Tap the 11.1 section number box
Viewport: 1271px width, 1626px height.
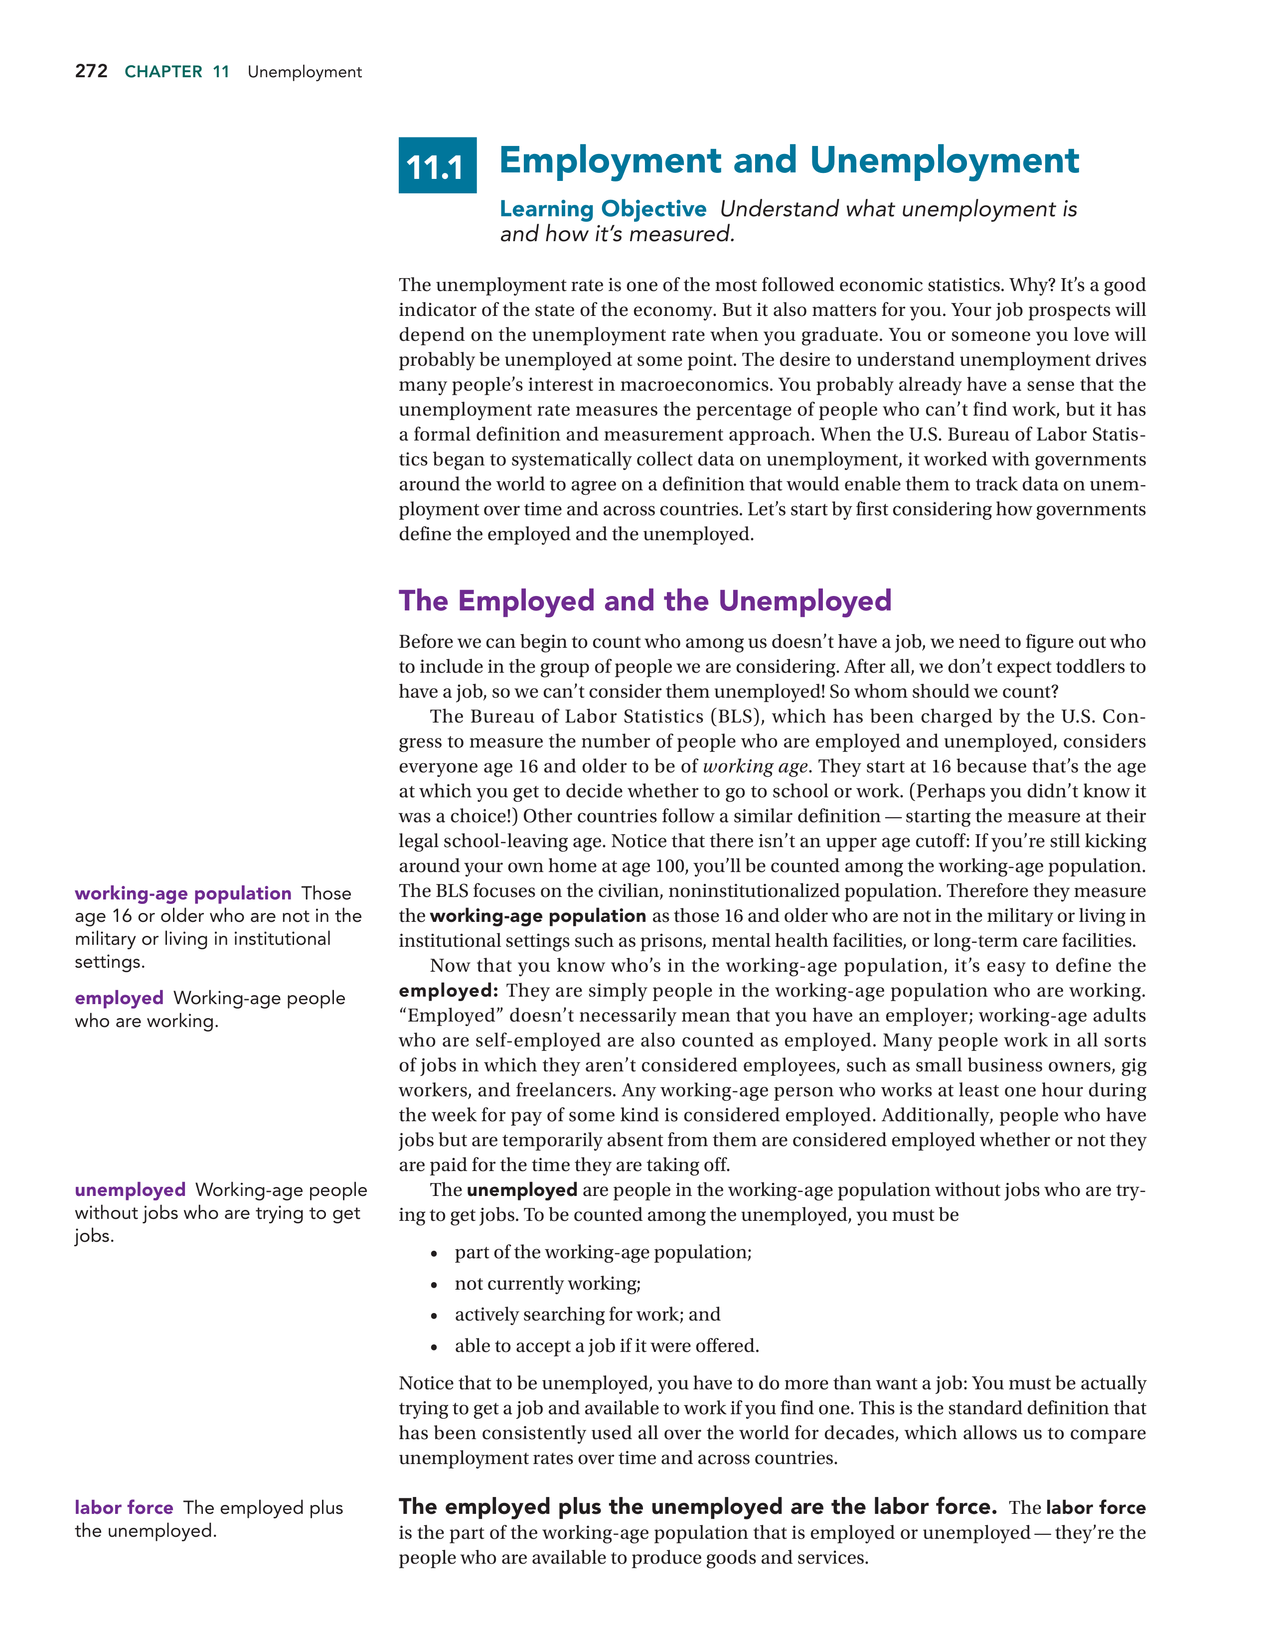tap(437, 166)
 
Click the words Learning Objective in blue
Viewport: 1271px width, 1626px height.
tap(603, 209)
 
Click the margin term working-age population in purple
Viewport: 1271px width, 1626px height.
tap(182, 893)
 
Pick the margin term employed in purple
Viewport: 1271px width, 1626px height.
tap(119, 999)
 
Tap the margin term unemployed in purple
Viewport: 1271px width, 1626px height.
tap(130, 1190)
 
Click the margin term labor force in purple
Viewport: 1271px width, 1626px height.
tap(124, 1507)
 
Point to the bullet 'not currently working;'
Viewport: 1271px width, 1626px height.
tap(547, 1284)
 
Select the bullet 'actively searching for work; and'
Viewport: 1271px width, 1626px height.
tap(587, 1315)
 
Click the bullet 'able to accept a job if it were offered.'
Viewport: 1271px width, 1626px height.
tap(606, 1346)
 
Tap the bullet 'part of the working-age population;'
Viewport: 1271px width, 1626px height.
tap(603, 1252)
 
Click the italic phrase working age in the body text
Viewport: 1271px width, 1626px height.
tap(755, 767)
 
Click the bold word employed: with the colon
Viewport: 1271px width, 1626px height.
tap(448, 991)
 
